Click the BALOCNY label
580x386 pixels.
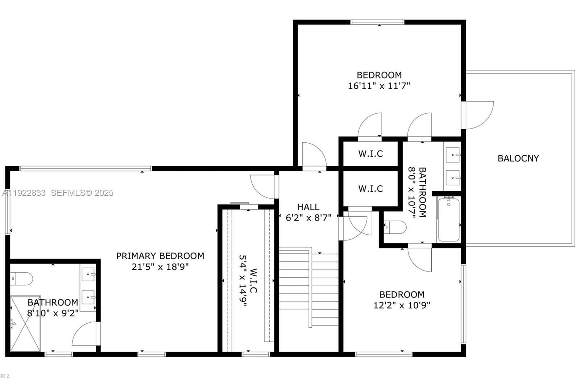(x=518, y=158)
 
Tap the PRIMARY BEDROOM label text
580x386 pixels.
(x=160, y=256)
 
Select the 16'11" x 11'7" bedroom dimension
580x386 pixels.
(x=379, y=86)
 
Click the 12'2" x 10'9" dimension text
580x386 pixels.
(x=402, y=305)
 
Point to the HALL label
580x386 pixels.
(x=308, y=207)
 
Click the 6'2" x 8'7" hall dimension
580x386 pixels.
(x=308, y=218)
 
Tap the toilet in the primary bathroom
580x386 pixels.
(x=21, y=278)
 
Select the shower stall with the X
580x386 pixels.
(x=25, y=324)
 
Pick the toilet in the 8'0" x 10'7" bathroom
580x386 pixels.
(x=395, y=227)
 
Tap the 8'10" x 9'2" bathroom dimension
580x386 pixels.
(x=53, y=313)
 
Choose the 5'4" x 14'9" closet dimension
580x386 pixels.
(x=243, y=281)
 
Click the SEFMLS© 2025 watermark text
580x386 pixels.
(x=82, y=193)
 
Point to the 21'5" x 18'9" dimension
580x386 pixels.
(x=160, y=267)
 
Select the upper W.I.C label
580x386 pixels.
(x=370, y=154)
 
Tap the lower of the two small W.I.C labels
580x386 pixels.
(x=370, y=189)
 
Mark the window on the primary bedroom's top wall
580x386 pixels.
(x=86, y=168)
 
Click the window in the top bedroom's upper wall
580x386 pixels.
(x=377, y=22)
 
